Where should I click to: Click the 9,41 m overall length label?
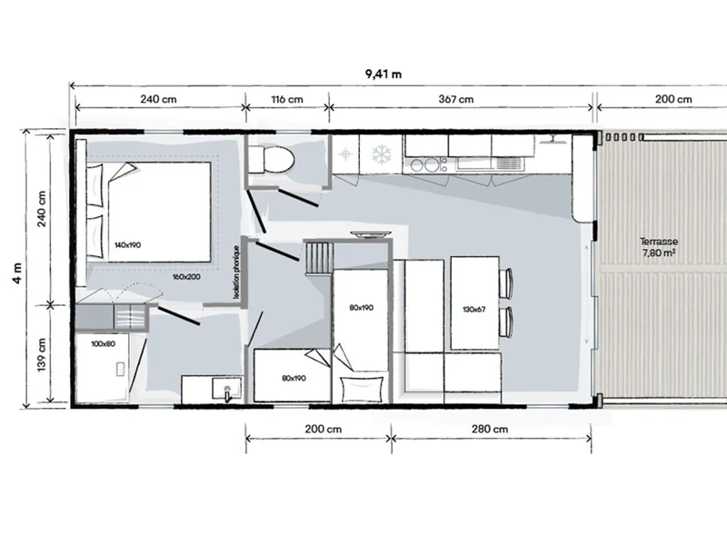[x=383, y=74]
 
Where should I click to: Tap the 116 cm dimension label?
[x=287, y=99]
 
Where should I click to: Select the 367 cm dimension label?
[x=456, y=99]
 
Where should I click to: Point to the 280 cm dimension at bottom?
[x=490, y=429]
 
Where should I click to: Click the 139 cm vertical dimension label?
[x=41, y=354]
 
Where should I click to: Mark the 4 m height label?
[x=17, y=273]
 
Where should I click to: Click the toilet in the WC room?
[x=271, y=160]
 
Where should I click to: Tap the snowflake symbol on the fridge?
[x=381, y=154]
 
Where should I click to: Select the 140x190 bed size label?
[x=127, y=244]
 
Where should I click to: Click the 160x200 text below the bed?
[x=186, y=277]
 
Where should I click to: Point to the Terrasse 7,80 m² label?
[x=658, y=247]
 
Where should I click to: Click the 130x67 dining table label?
[x=473, y=309]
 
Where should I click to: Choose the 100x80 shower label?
[x=103, y=344]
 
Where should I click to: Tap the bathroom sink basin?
[x=226, y=389]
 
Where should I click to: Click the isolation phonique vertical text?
[x=236, y=272]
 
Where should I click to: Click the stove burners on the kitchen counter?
[x=426, y=165]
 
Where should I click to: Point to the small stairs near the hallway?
[x=318, y=258]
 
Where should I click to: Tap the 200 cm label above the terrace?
[x=673, y=99]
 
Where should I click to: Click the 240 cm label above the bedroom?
[x=158, y=99]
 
